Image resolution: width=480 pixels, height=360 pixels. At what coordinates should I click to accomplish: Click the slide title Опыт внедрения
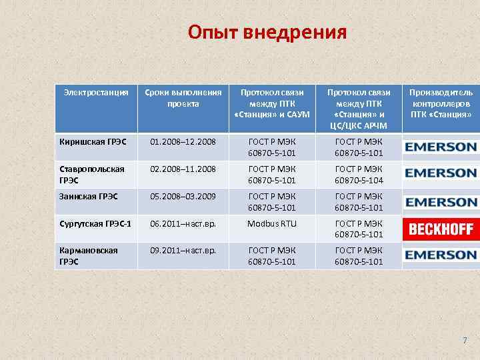click(x=267, y=32)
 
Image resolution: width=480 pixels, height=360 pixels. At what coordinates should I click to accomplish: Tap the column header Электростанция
click(x=96, y=93)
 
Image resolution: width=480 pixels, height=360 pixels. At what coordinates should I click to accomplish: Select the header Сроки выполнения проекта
click(x=182, y=98)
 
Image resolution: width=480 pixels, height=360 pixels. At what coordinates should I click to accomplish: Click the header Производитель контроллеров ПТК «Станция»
click(x=441, y=103)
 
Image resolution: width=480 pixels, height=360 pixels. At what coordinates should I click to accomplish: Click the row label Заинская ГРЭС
click(x=89, y=196)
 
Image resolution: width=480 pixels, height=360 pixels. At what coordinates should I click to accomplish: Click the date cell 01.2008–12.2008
click(x=183, y=141)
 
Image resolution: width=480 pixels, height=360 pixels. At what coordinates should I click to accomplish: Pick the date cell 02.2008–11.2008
click(x=183, y=169)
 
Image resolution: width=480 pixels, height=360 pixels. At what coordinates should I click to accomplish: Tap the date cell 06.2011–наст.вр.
click(x=183, y=224)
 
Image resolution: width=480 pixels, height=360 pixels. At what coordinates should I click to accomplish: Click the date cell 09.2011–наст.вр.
click(x=183, y=251)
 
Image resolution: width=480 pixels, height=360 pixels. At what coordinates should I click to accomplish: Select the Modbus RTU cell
click(x=271, y=224)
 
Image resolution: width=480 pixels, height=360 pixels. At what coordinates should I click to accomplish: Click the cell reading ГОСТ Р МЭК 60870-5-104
click(x=359, y=175)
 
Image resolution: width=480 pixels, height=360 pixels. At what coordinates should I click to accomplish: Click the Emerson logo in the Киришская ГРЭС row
click(x=441, y=147)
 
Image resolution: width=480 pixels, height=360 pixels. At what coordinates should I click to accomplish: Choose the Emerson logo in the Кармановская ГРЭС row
click(x=441, y=255)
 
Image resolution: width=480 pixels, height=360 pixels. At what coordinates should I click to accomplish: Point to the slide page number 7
click(x=465, y=341)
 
